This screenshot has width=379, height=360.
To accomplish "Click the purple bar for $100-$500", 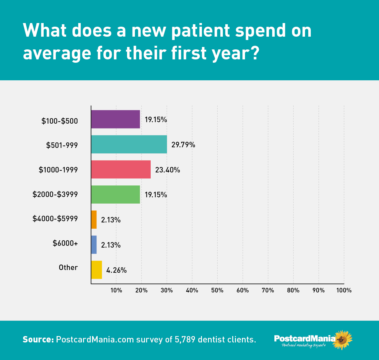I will (116, 119).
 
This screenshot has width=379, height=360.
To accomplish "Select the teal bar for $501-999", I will (129, 144).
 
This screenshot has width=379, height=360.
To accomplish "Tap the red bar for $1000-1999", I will (121, 169).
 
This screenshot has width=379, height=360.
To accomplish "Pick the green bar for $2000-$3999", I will (116, 194).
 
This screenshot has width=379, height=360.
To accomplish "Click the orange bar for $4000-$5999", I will (94, 220).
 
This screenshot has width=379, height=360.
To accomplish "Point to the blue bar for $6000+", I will (94, 245).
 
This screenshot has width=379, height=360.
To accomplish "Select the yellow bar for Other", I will (96, 270).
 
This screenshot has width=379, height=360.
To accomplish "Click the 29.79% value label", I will (183, 145).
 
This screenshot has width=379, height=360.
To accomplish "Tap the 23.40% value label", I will (167, 170).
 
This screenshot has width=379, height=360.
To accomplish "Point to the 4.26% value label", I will (116, 270).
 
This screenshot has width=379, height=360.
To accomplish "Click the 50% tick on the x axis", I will (217, 290).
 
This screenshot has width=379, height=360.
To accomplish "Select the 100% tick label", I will (344, 290).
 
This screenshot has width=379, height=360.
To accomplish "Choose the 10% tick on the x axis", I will (116, 290).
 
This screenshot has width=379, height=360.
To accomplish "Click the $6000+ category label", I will (65, 243).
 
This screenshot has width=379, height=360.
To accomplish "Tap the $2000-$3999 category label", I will (55, 194).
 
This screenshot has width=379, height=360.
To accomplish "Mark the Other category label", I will (68, 268).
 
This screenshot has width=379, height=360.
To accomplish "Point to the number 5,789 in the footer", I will (185, 340).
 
